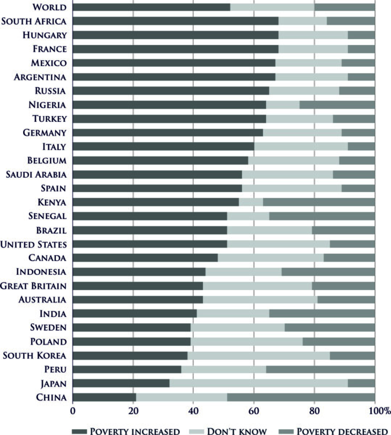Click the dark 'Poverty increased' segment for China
[x=104, y=397]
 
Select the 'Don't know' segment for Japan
[x=258, y=384]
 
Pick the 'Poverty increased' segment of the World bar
[x=151, y=7]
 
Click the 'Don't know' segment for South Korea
[x=258, y=356]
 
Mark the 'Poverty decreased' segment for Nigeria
[x=337, y=105]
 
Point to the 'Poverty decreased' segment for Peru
[x=320, y=369]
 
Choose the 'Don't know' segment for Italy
[x=301, y=146]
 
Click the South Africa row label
[x=34, y=21]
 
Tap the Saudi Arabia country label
[x=36, y=175]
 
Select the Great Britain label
[x=33, y=286]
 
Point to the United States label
[x=33, y=244]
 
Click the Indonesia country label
[x=41, y=272]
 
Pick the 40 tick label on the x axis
[x=193, y=411]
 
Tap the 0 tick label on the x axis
[x=73, y=411]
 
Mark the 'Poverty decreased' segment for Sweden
[x=329, y=328]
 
